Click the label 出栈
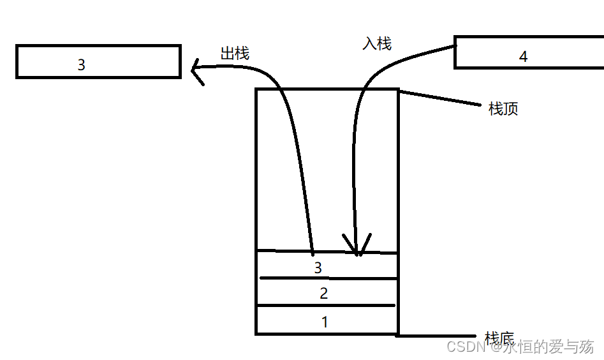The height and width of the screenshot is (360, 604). [x=235, y=54]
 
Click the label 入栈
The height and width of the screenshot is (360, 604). [x=376, y=43]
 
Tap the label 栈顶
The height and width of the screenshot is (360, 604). [x=503, y=109]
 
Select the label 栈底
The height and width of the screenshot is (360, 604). [x=499, y=338]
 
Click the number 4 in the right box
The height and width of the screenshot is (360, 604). [x=523, y=57]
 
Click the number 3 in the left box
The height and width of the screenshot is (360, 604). [x=81, y=64]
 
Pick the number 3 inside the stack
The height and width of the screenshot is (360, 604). [x=318, y=267]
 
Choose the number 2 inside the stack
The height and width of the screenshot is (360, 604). [x=323, y=294]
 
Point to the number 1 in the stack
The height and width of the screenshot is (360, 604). [x=325, y=322]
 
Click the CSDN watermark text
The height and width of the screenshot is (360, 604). [x=520, y=347]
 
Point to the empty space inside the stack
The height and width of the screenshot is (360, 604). [x=327, y=172]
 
